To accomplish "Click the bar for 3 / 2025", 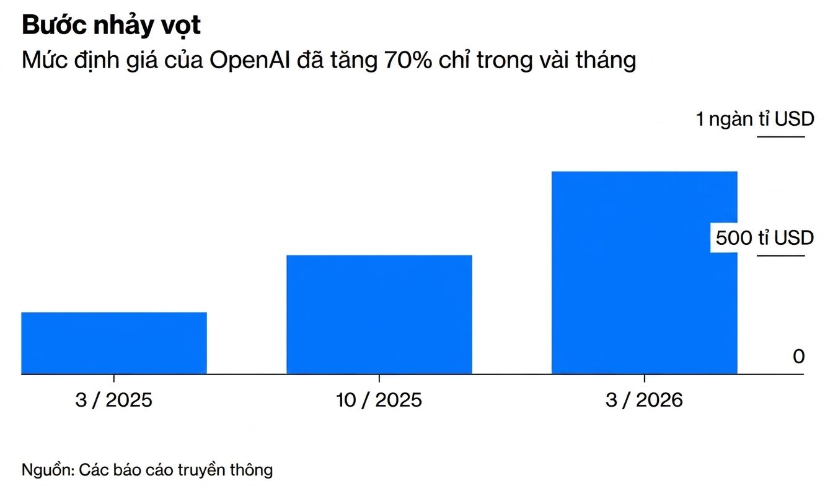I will pyautogui.click(x=114, y=343).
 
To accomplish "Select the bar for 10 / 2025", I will pyautogui.click(x=379, y=314).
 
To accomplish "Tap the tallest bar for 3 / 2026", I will pyautogui.click(x=644, y=272).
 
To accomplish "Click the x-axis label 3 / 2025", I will pyautogui.click(x=114, y=400).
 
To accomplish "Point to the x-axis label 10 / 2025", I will pyautogui.click(x=379, y=400).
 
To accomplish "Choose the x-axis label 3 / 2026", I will pyautogui.click(x=644, y=400).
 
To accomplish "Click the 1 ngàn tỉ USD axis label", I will pyautogui.click(x=754, y=118).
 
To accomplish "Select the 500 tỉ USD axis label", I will pyautogui.click(x=764, y=237).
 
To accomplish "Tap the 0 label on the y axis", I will pyautogui.click(x=798, y=356).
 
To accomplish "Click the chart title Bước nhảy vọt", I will pyautogui.click(x=112, y=25).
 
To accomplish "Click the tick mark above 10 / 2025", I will pyautogui.click(x=379, y=379).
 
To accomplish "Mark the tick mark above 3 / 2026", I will pyautogui.click(x=644, y=379).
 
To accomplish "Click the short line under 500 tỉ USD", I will pyautogui.click(x=781, y=255).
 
